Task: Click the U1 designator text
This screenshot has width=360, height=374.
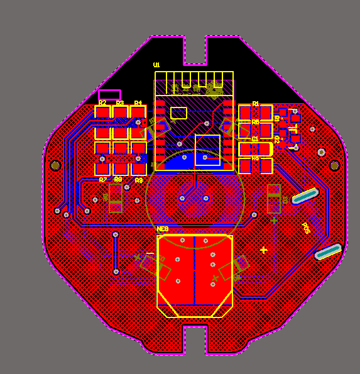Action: click(x=156, y=65)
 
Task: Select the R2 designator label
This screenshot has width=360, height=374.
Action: click(x=102, y=102)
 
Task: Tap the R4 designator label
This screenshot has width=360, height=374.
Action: click(x=138, y=102)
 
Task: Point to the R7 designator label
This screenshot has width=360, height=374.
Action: click(x=102, y=180)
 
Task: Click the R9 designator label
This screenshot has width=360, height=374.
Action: click(x=139, y=180)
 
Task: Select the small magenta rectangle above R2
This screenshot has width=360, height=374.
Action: click(x=110, y=95)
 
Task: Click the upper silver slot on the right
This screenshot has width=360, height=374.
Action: click(x=305, y=195)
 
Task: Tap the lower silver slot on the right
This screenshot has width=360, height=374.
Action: click(x=328, y=251)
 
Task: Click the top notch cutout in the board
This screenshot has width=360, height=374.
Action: click(x=195, y=50)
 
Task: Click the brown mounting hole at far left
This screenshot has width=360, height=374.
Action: click(x=55, y=165)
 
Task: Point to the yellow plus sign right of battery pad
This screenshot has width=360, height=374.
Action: click(x=263, y=250)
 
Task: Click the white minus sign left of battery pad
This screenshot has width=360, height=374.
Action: click(x=150, y=253)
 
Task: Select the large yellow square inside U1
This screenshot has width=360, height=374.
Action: click(x=207, y=150)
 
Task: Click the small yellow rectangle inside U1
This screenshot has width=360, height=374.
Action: click(x=179, y=113)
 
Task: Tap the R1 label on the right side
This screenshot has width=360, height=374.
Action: click(x=256, y=103)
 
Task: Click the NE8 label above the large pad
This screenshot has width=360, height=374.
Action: click(x=163, y=229)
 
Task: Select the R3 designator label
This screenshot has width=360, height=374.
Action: click(x=120, y=102)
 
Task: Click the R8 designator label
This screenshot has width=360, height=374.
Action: click(x=118, y=179)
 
